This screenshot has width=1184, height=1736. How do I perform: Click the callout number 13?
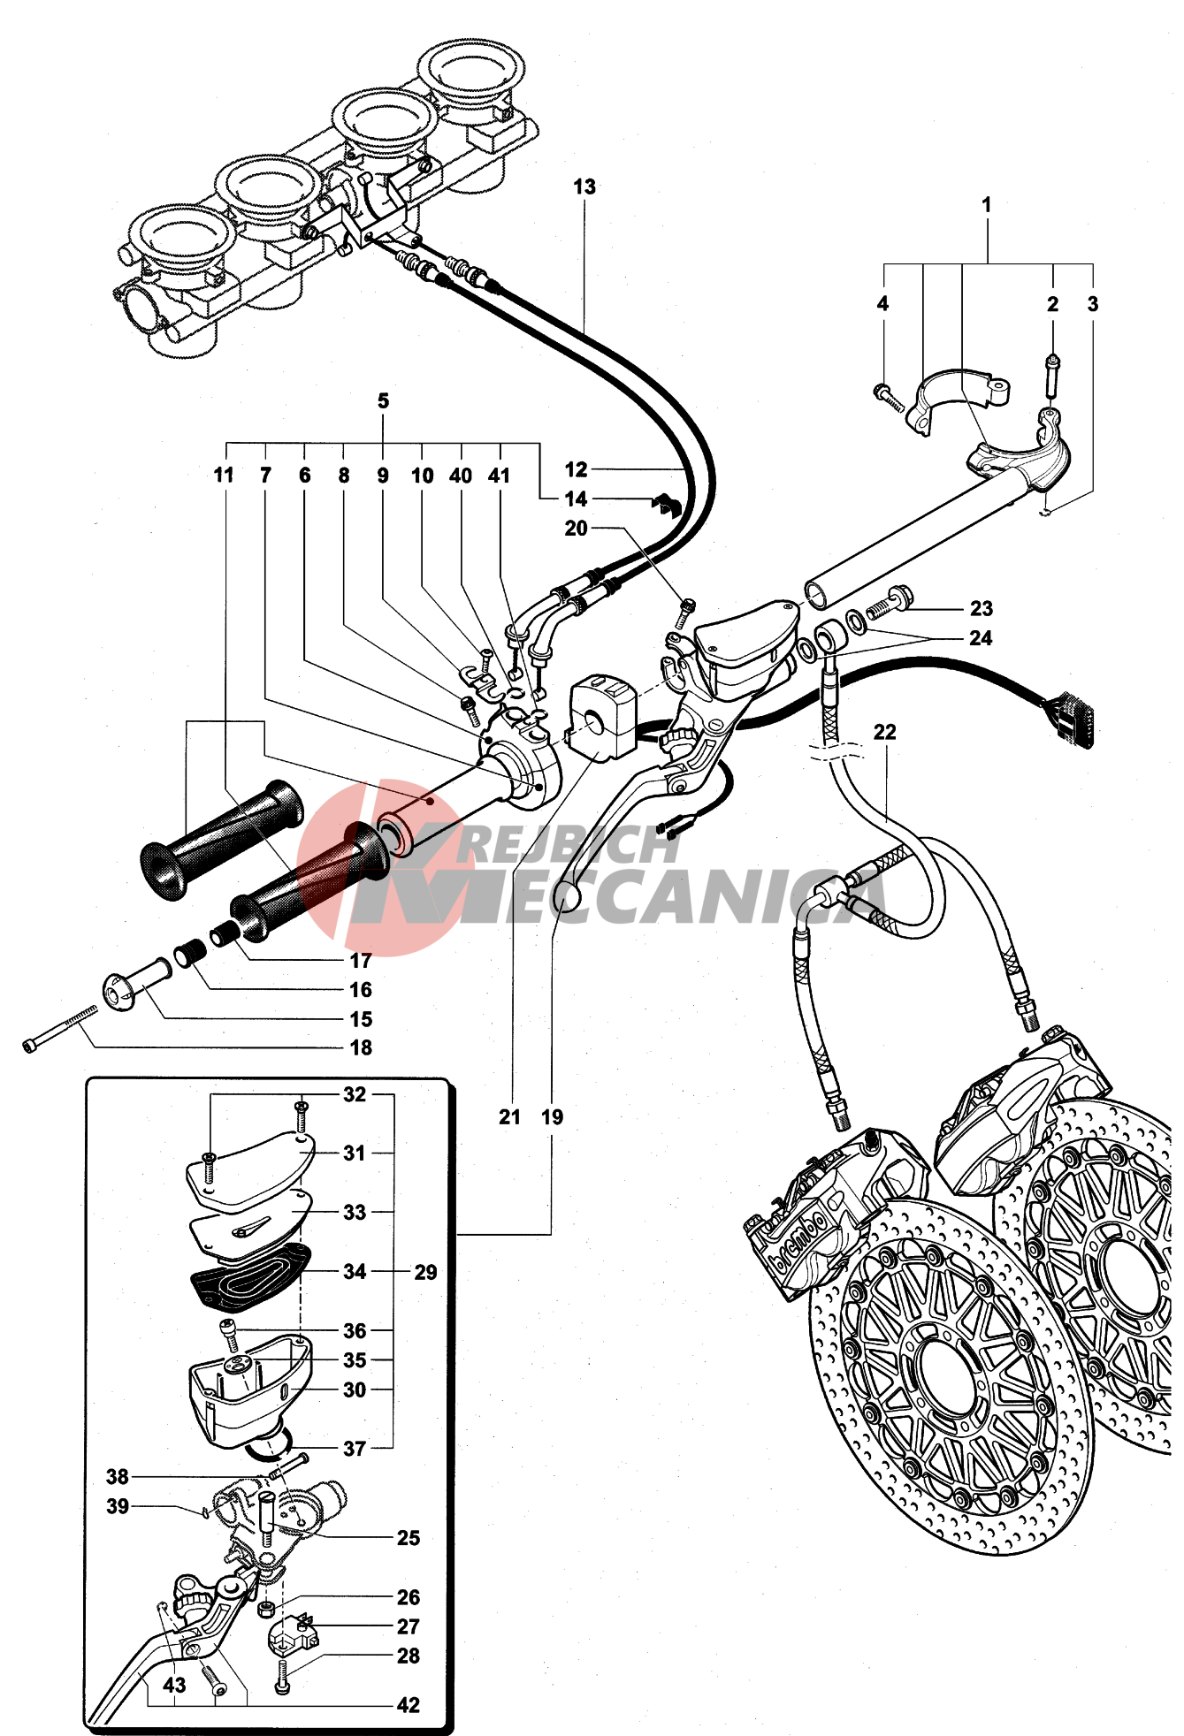pyautogui.click(x=584, y=187)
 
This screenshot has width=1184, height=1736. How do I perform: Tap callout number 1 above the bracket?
pyautogui.click(x=987, y=205)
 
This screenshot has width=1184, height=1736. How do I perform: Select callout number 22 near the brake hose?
pyautogui.click(x=884, y=733)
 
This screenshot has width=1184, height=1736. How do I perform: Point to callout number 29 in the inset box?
pyautogui.click(x=425, y=1273)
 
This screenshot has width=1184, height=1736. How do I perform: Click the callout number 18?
pyautogui.click(x=361, y=1048)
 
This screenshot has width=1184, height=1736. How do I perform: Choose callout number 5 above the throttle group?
pyautogui.click(x=383, y=401)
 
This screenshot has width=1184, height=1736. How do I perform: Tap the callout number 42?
pyautogui.click(x=408, y=1706)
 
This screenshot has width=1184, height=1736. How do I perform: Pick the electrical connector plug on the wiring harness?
pyautogui.click(x=1071, y=717)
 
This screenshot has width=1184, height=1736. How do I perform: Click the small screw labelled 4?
pyautogui.click(x=888, y=398)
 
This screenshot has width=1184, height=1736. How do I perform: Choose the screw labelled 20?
pyautogui.click(x=687, y=611)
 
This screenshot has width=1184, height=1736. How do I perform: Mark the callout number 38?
pyautogui.click(x=118, y=1477)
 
